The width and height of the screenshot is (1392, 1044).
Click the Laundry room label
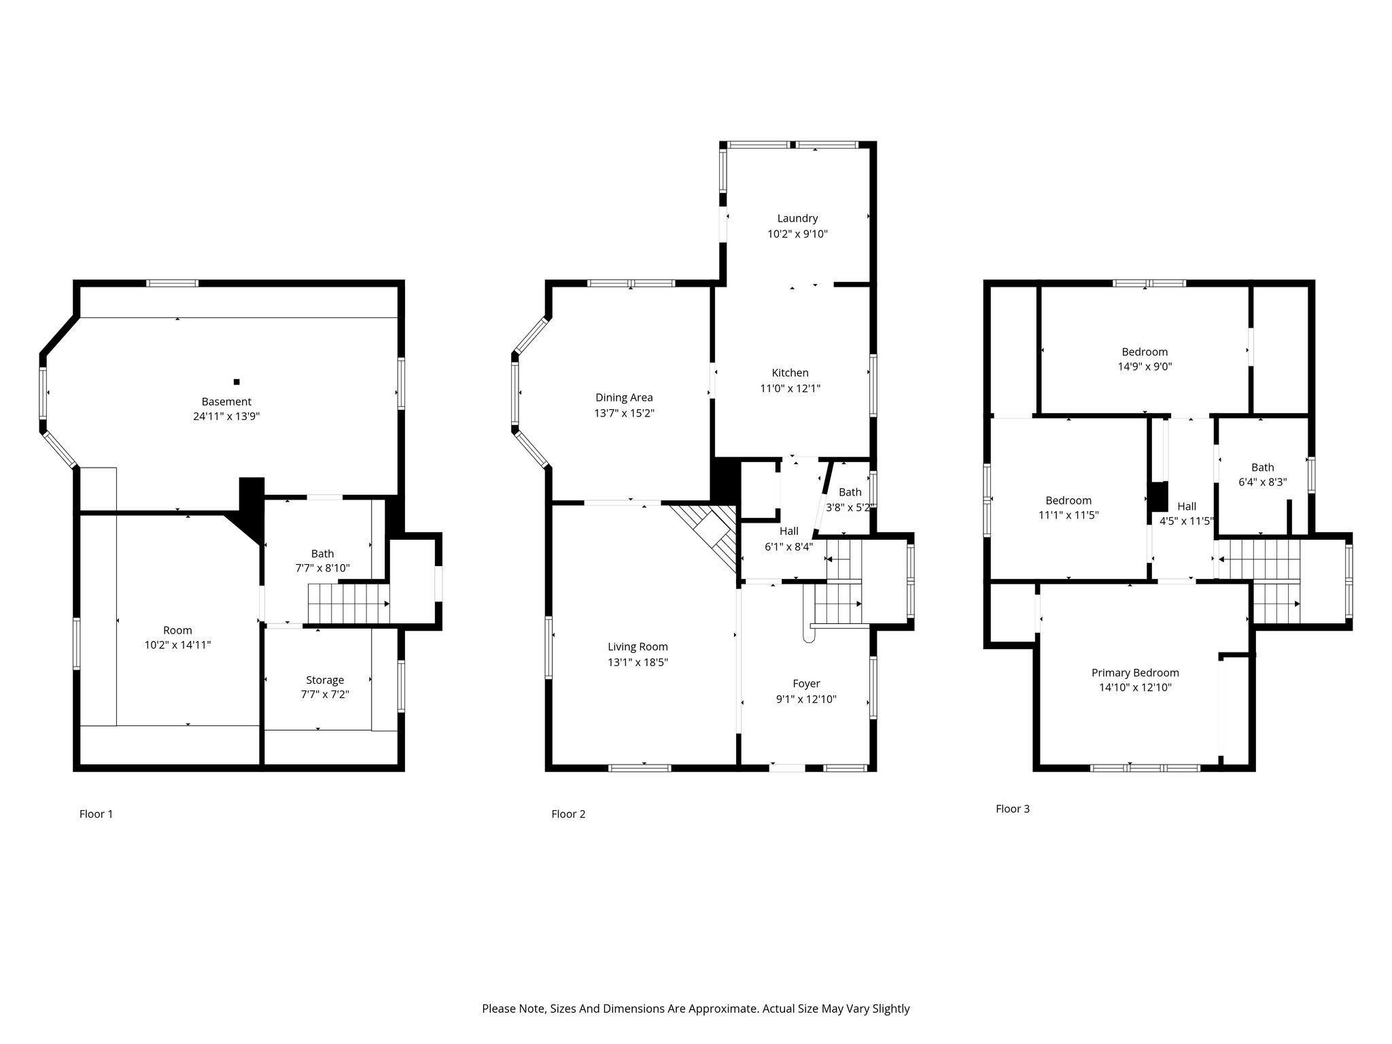coord(797,218)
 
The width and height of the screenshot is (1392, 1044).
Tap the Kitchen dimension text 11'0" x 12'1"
coord(790,389)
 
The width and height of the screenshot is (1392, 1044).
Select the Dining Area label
coord(624,398)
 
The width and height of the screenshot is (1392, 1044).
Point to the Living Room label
coord(638,647)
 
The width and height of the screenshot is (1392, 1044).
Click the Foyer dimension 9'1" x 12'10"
coord(806,699)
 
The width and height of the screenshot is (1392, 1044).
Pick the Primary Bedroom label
coord(1135,673)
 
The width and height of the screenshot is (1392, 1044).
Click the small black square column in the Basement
coord(237,382)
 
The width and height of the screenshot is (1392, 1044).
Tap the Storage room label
coord(325,680)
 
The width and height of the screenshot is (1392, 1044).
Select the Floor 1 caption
coord(96,814)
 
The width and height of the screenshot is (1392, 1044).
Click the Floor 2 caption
coord(568,814)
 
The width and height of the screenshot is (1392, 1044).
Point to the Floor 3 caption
coord(1013,809)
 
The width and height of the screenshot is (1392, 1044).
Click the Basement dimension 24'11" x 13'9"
coord(226,417)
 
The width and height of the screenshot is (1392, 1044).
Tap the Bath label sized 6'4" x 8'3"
coord(1263,468)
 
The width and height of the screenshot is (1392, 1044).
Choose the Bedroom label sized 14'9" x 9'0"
coord(1145,352)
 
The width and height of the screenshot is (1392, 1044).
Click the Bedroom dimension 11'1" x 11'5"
coord(1068,515)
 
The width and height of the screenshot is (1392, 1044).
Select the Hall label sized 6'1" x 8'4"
coord(789,531)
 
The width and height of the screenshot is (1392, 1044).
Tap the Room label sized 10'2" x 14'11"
coord(177,630)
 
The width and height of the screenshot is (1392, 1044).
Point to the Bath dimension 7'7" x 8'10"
coord(322,568)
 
